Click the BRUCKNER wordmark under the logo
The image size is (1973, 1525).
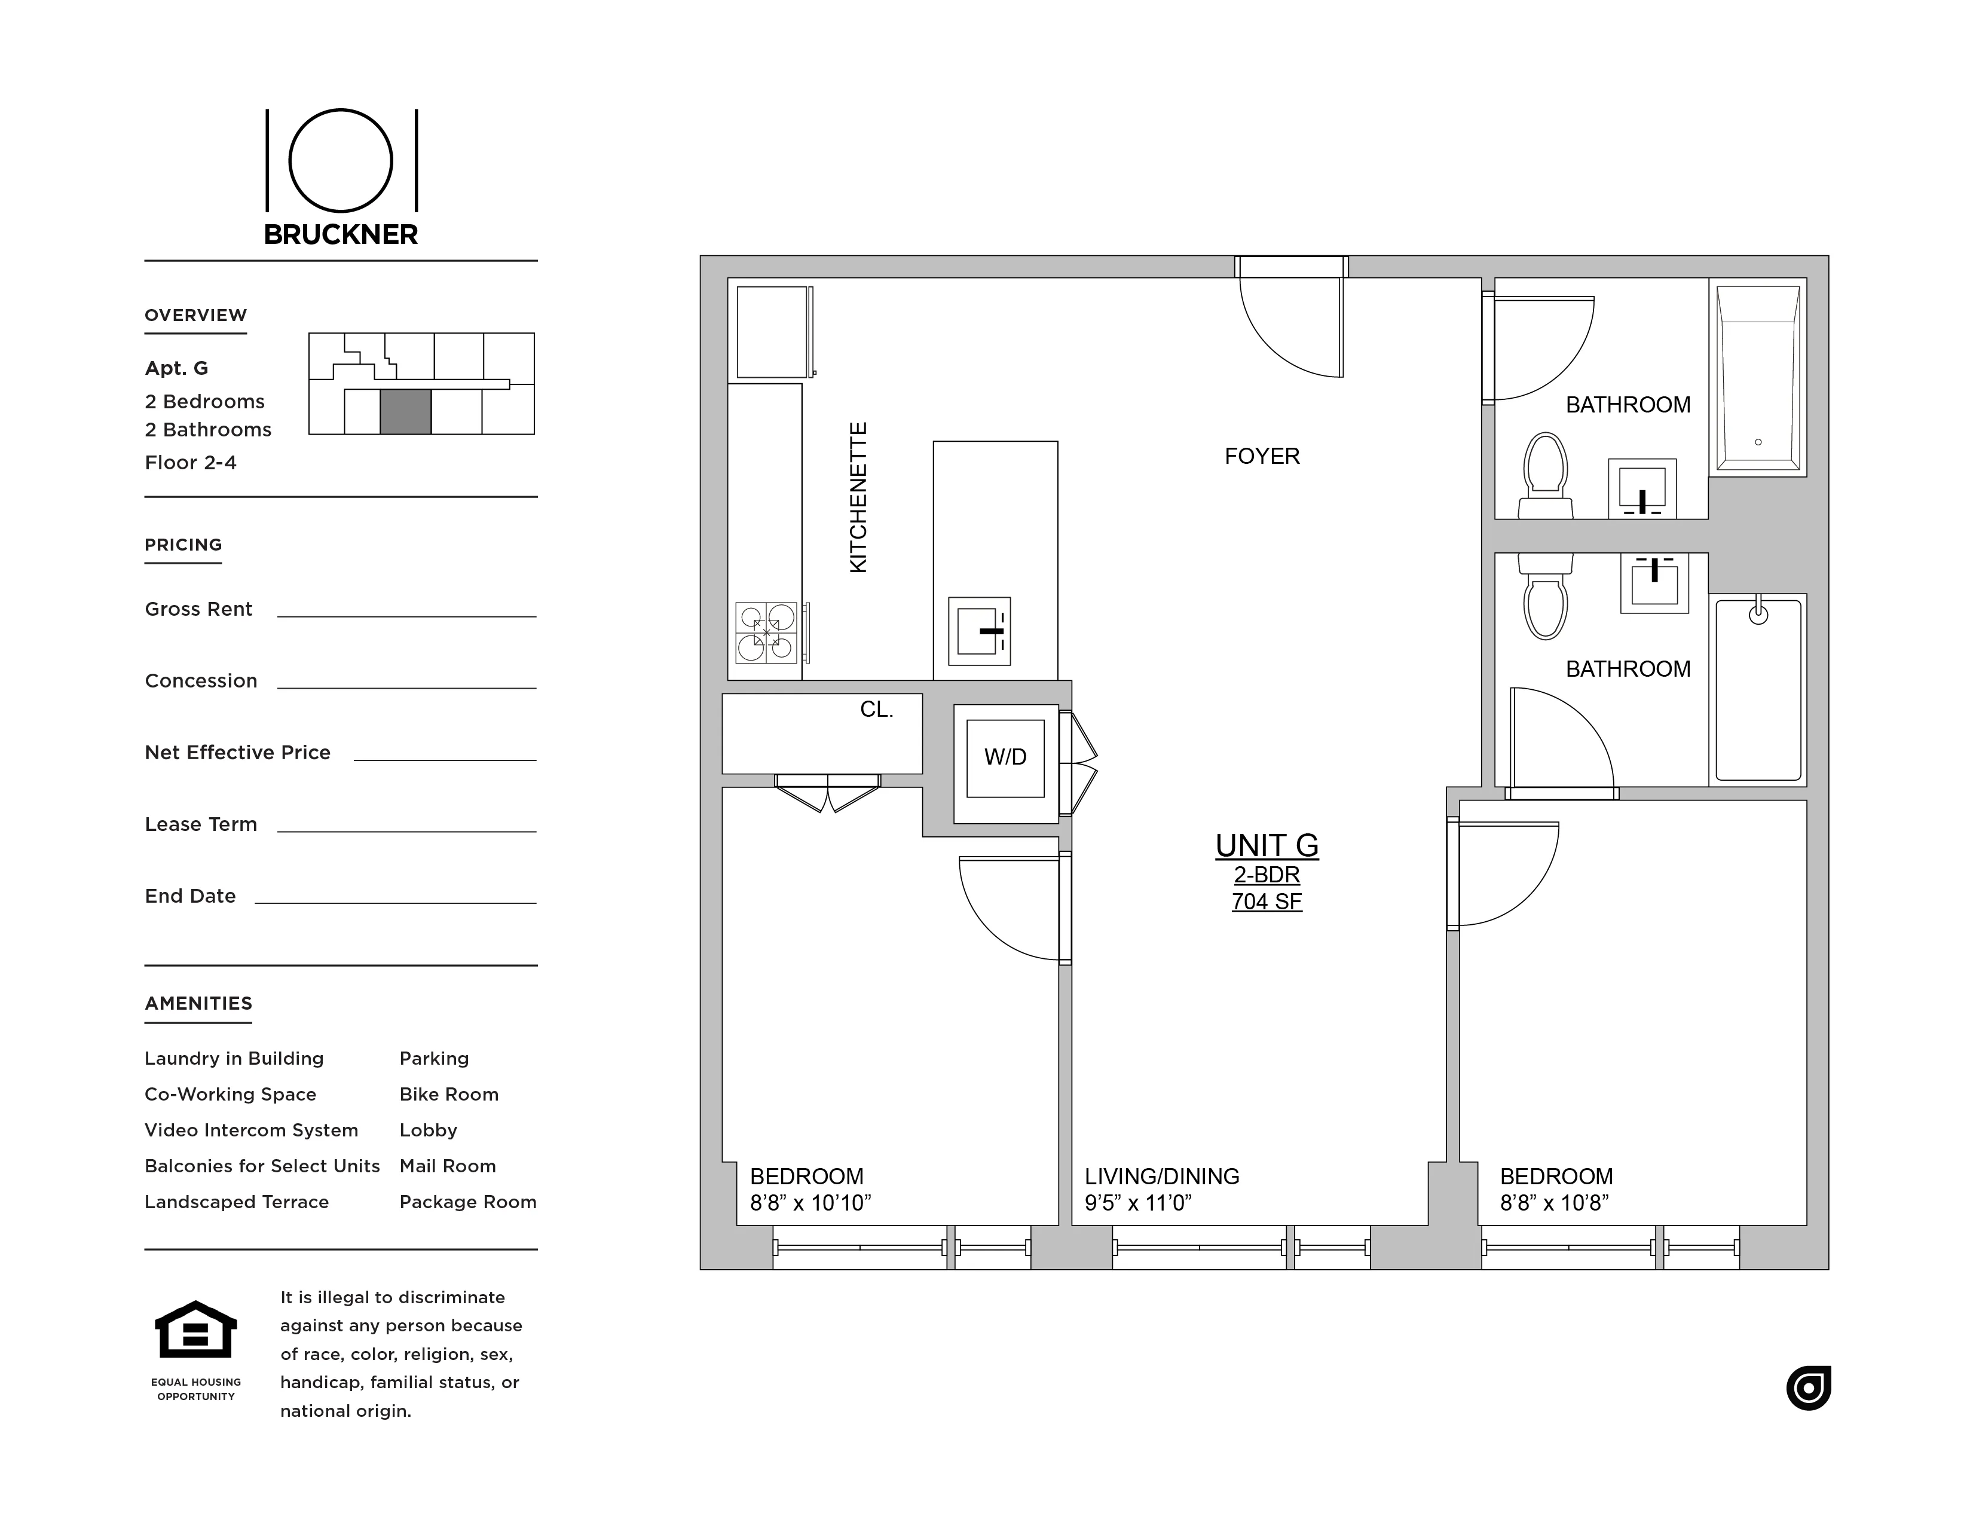pos(341,235)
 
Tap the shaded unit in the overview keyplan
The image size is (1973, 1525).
pos(405,412)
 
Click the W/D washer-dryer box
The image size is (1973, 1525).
pos(1005,757)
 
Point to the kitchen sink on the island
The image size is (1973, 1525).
pos(979,631)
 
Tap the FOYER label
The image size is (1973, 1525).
pos(1261,456)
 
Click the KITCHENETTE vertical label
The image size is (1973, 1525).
pos(858,497)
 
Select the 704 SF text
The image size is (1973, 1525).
pos(1267,901)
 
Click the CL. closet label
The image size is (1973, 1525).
pos(876,710)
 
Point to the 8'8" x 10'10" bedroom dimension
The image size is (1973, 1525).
pos(810,1202)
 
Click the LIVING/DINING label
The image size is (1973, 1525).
pos(1162,1176)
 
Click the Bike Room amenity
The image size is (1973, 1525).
pos(449,1094)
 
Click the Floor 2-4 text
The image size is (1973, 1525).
pos(191,463)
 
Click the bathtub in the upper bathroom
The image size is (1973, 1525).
pos(1757,378)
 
